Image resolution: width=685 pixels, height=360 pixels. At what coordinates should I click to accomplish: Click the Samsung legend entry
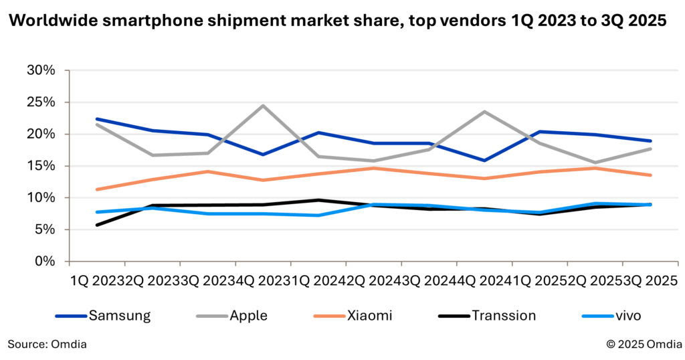tap(103, 315)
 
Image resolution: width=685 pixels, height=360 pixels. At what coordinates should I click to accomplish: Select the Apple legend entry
tap(232, 315)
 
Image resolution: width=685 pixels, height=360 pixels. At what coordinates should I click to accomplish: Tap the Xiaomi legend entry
tap(353, 315)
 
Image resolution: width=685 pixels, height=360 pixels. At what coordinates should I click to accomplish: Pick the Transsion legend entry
tap(487, 315)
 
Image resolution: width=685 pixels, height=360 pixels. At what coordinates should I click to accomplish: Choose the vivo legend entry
tap(612, 315)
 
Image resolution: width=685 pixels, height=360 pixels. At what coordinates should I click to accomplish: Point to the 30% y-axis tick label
tap(41, 70)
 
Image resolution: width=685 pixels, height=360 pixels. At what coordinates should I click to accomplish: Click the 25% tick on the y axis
tap(41, 102)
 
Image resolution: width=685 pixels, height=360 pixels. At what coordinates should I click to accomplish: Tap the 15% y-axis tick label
tap(41, 166)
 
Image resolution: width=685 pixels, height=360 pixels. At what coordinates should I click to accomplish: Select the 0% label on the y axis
tap(45, 261)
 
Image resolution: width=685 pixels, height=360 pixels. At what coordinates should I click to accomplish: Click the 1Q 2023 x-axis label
tap(97, 281)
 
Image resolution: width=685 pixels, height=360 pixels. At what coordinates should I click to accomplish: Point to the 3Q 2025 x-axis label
tap(650, 281)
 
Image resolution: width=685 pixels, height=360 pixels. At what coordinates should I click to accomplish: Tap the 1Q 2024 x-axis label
tap(318, 281)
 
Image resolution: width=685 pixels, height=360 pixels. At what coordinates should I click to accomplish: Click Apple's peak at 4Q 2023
tap(262, 105)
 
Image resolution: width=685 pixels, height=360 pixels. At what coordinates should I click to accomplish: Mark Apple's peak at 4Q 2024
tap(484, 111)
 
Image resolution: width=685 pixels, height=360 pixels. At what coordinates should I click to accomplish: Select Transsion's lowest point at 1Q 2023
tap(97, 225)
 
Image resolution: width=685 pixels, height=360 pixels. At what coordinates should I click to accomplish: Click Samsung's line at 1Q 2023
tap(97, 119)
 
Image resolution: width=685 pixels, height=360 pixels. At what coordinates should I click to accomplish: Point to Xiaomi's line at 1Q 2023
tap(97, 189)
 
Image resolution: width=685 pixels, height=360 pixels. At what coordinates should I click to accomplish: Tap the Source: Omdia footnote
tap(47, 344)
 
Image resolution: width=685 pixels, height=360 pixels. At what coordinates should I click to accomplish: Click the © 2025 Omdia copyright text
tap(644, 344)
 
